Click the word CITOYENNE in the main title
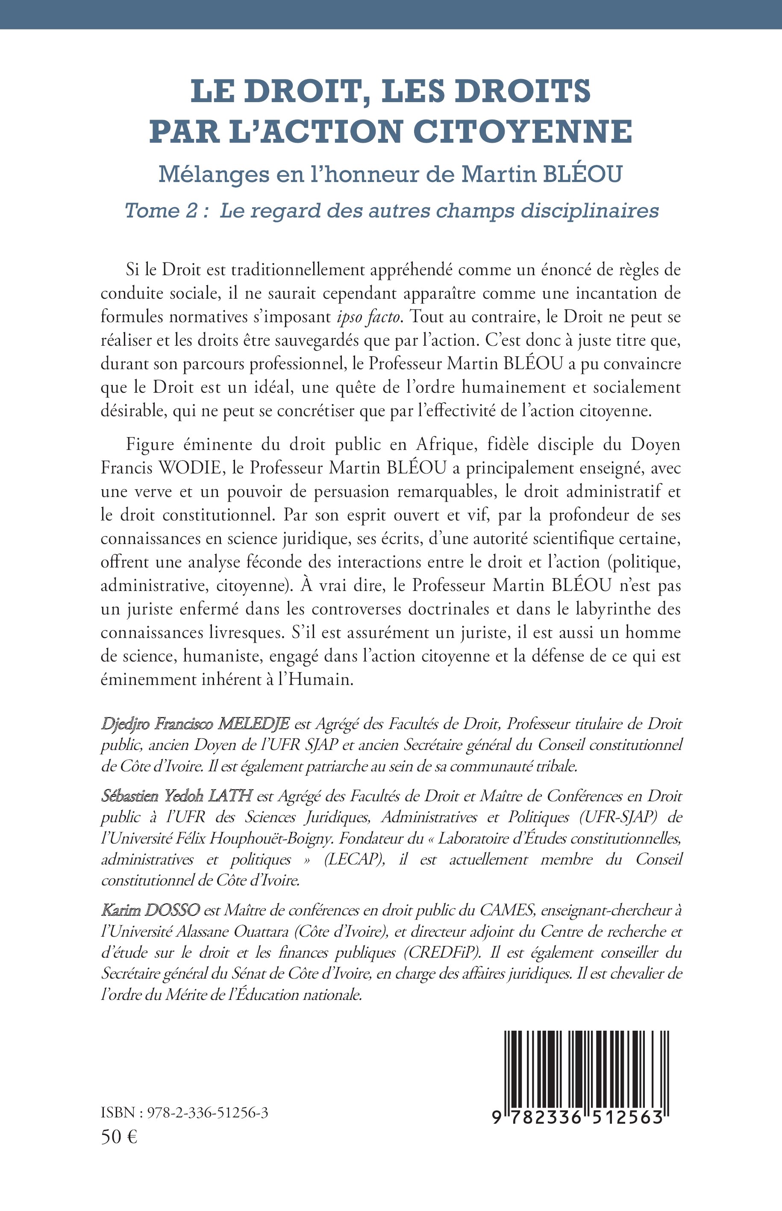[x=523, y=131]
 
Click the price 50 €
[x=119, y=1138]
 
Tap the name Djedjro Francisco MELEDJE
[x=195, y=723]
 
